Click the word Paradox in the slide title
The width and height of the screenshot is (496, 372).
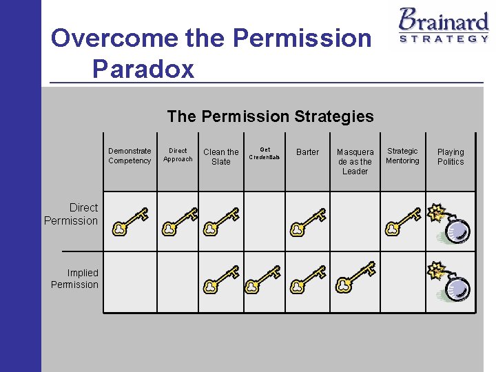(x=143, y=68)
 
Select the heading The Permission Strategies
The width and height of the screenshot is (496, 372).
(x=270, y=116)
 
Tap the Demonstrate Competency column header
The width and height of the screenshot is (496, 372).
(x=130, y=156)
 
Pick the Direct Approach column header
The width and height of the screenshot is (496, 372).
(x=178, y=154)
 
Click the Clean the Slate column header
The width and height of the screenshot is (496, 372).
(x=221, y=156)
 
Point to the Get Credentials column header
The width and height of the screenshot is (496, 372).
(x=265, y=153)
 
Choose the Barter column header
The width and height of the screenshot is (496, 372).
(x=307, y=152)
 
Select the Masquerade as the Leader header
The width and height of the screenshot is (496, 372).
(x=355, y=161)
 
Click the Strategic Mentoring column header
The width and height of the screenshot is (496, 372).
(x=402, y=156)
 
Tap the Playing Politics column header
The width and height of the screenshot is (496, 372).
(x=451, y=156)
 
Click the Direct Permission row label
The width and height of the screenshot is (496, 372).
(x=72, y=214)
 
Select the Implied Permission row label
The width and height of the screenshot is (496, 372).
(x=74, y=278)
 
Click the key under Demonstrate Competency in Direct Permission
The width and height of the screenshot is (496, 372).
(x=130, y=221)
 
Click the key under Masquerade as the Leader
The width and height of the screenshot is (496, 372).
(x=355, y=277)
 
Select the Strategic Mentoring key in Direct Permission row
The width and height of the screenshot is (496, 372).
(x=403, y=221)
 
